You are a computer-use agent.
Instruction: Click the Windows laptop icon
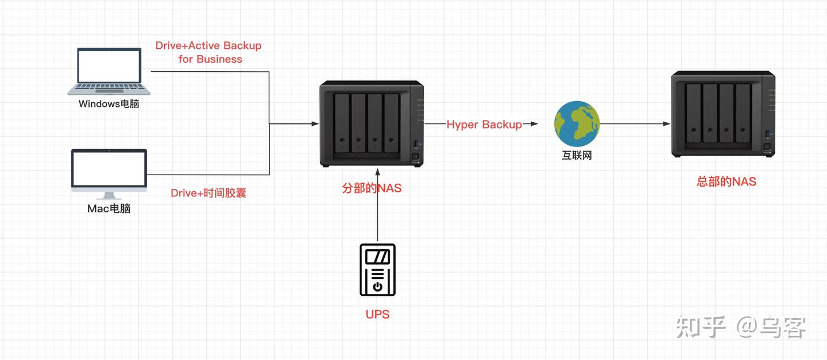point(109,71)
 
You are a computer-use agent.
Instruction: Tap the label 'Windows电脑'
point(109,104)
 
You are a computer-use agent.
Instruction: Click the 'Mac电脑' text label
point(109,208)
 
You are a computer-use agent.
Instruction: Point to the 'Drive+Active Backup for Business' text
point(208,52)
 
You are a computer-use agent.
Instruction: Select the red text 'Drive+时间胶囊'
point(208,193)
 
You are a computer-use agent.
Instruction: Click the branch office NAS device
point(372,123)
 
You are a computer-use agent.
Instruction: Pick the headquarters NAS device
point(723,114)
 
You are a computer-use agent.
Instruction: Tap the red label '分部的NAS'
point(372,188)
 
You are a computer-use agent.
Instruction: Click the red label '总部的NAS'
point(726,181)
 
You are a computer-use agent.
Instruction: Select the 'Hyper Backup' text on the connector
point(484,125)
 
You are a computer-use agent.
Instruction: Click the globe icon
point(577,123)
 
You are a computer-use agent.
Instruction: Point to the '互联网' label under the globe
point(577,155)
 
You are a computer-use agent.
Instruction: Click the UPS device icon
point(378,269)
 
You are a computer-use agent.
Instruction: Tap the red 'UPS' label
point(377,314)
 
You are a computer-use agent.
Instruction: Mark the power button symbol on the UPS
point(378,286)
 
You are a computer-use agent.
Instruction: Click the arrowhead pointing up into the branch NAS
point(378,172)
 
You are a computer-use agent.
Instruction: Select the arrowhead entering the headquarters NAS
point(666,123)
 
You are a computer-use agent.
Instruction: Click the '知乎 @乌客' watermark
point(741,327)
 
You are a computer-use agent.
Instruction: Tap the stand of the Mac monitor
point(109,196)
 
